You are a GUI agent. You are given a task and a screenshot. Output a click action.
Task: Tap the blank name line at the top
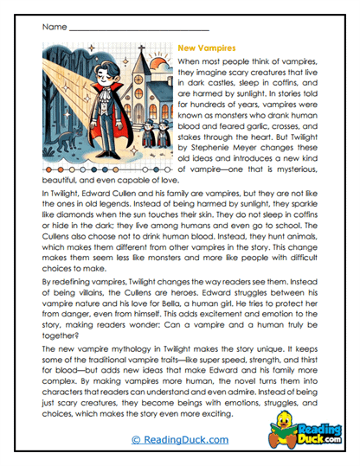[138, 29]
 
